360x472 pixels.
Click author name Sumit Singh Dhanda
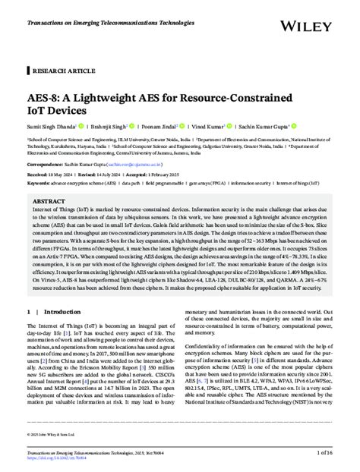50,127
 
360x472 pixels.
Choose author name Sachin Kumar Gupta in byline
259,127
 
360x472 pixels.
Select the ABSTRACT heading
49,203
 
